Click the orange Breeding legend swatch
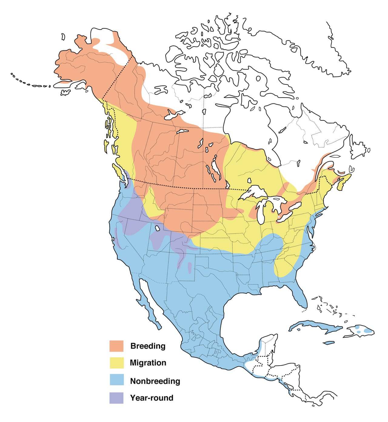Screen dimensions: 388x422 (116, 346)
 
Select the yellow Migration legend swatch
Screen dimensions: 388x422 (116, 363)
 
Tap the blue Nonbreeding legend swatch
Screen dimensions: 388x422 (116, 380)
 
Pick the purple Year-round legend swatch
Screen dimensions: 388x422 (116, 397)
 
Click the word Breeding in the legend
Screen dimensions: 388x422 (148, 346)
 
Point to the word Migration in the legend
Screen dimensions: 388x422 (148, 363)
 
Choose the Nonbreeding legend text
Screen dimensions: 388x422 (155, 381)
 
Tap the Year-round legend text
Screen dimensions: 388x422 (152, 398)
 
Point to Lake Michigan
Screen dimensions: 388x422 (260, 212)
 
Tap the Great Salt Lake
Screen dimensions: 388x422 (157, 228)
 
